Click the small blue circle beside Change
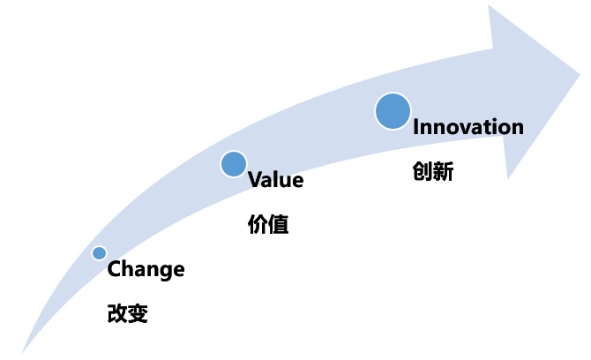(x=99, y=253)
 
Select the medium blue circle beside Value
(x=234, y=164)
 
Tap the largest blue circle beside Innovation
(x=393, y=111)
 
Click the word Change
(x=146, y=269)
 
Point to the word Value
(x=276, y=180)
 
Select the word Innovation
(x=468, y=127)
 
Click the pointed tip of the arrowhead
(x=580, y=74)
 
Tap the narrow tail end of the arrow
(x=22, y=353)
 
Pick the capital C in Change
(x=114, y=269)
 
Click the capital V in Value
(x=256, y=179)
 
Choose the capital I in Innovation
(x=415, y=127)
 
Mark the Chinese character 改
(x=117, y=313)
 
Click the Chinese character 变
(x=138, y=313)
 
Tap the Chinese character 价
(x=258, y=224)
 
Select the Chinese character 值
(x=279, y=224)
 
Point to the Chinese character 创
(x=423, y=171)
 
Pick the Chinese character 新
(x=443, y=171)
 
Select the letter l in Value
(x=279, y=179)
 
